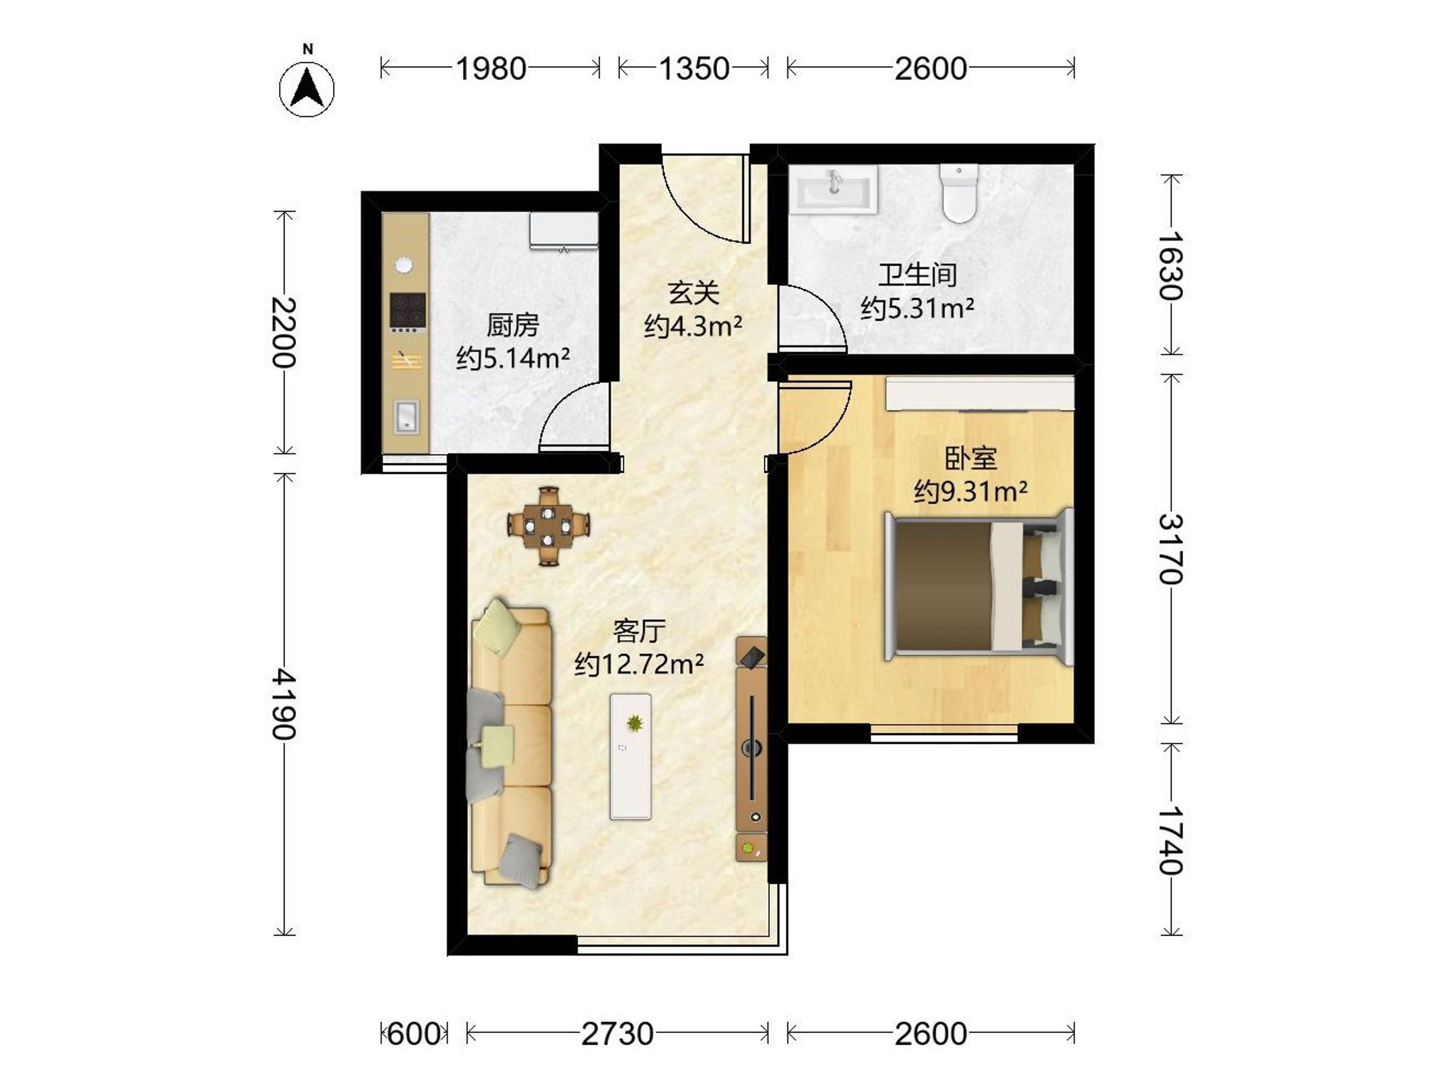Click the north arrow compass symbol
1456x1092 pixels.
[x=307, y=89]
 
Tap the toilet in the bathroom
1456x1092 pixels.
[x=959, y=193]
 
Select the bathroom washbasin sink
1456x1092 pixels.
[x=834, y=189]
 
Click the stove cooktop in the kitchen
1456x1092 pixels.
[x=408, y=311]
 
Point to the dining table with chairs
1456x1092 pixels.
[x=548, y=526]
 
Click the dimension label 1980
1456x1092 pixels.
[x=491, y=69]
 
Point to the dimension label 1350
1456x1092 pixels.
[x=694, y=69]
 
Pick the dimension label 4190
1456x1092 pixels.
[x=285, y=704]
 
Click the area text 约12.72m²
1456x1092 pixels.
[x=638, y=664]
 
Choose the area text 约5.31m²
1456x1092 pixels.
[x=917, y=308]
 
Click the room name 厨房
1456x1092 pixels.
[x=512, y=325]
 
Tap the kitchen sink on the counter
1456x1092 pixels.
[x=406, y=417]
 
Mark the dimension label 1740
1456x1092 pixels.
[x=1171, y=840]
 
